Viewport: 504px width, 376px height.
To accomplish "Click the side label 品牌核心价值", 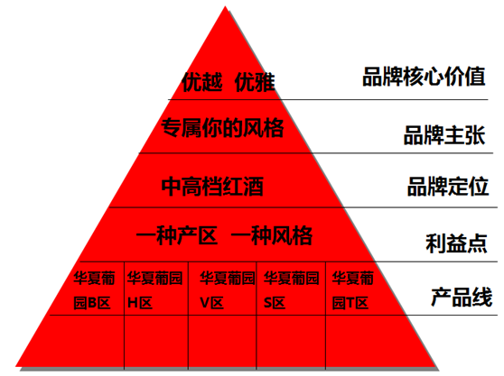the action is [x=424, y=77].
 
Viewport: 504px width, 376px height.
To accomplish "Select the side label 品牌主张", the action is [x=444, y=135].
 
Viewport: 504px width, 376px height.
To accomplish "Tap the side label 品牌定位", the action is [x=448, y=186].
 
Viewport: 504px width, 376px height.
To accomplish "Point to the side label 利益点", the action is [x=456, y=243].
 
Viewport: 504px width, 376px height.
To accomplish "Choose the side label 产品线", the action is [x=462, y=297].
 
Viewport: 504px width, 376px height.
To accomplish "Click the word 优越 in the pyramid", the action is [x=202, y=82].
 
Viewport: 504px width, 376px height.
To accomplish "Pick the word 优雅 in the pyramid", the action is [x=255, y=82].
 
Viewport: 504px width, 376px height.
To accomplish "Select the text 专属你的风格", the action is [x=222, y=128].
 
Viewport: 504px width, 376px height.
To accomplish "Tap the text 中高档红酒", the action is [x=212, y=186].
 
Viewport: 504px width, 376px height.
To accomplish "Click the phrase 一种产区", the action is [x=177, y=236].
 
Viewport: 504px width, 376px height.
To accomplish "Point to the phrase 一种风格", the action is [x=272, y=236].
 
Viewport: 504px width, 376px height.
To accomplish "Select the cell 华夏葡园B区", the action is [x=94, y=290].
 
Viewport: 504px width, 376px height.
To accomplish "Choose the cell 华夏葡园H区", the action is [x=154, y=290].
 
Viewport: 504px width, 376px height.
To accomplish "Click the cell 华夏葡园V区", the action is [x=228, y=290].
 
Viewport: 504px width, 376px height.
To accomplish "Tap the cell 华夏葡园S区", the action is [x=291, y=290].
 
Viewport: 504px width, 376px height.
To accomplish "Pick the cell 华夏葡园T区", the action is [x=352, y=290].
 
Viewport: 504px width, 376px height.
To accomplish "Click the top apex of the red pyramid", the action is [x=225, y=5].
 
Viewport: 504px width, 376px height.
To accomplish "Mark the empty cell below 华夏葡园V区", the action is [x=222, y=341].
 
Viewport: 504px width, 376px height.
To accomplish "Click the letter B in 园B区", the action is [x=92, y=303].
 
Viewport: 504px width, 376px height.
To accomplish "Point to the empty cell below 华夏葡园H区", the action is [x=156, y=341].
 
